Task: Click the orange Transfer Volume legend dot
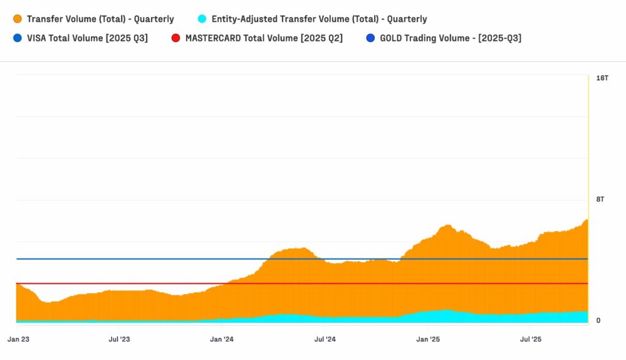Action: (x=18, y=19)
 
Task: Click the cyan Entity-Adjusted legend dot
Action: (x=202, y=19)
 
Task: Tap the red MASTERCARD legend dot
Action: (x=176, y=38)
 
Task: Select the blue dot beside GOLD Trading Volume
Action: (x=370, y=38)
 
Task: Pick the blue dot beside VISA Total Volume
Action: (x=18, y=38)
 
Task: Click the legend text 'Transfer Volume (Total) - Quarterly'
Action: (x=100, y=19)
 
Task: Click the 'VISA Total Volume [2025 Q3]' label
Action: (x=87, y=38)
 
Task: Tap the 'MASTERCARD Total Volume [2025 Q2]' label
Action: (x=263, y=38)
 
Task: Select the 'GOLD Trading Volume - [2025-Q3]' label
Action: (x=451, y=38)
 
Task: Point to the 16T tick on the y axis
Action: (x=602, y=78)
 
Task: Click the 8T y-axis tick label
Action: (x=600, y=199)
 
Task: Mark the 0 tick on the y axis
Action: (x=598, y=320)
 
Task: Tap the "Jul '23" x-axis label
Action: (x=119, y=339)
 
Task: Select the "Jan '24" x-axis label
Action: (x=221, y=339)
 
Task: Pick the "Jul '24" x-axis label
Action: (x=325, y=339)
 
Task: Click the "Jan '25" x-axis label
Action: (x=427, y=339)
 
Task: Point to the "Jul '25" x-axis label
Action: (x=530, y=339)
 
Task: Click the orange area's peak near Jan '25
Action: (x=447, y=226)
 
